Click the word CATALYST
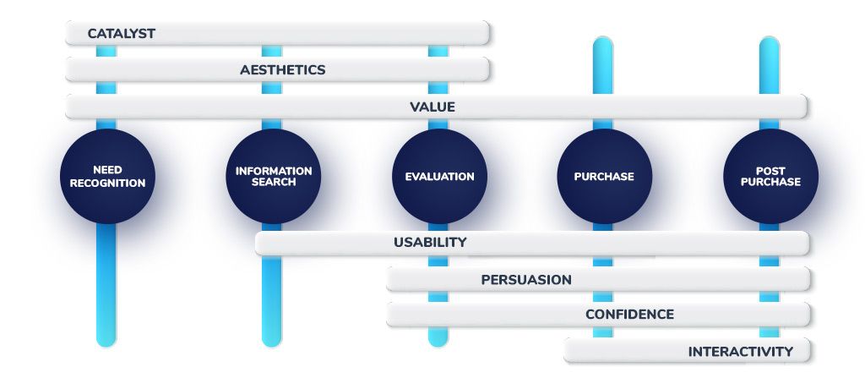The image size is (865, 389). [x=122, y=34]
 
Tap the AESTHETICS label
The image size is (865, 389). [x=282, y=70]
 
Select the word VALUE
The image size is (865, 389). [x=432, y=107]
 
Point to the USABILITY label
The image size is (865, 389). [x=430, y=243]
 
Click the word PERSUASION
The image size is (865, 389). [x=526, y=280]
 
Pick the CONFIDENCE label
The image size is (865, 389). [x=629, y=315]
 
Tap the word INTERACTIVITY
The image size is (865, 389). [x=741, y=352]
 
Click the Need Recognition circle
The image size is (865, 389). [x=107, y=176]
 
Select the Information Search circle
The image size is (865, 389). [x=274, y=176]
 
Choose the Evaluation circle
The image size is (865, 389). [x=439, y=176]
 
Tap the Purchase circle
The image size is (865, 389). [x=605, y=176]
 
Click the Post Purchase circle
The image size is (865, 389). [x=770, y=176]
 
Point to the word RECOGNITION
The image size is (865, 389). [x=107, y=183]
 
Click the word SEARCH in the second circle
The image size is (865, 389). [x=274, y=182]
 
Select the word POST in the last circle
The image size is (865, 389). [x=770, y=171]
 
